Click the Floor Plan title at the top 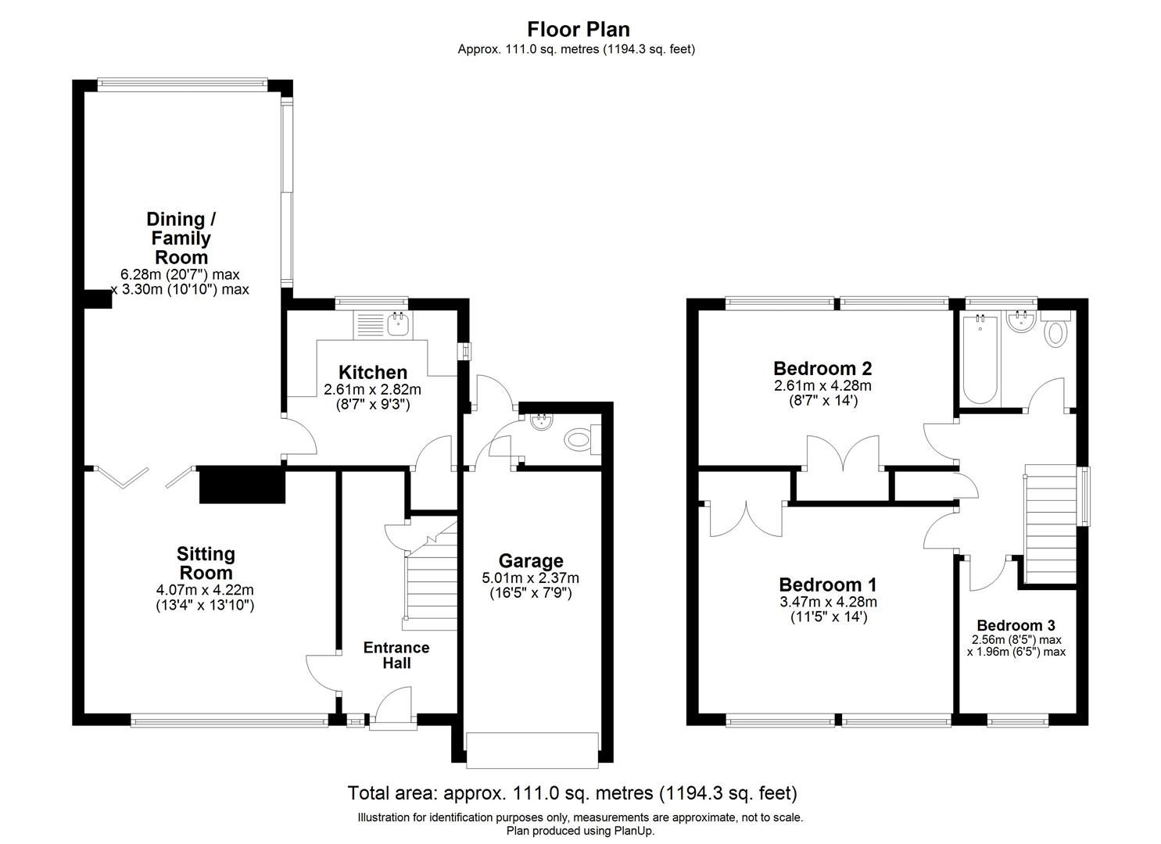pyautogui.click(x=579, y=30)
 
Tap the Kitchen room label pyautogui.click(x=372, y=373)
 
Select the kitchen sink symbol pyautogui.click(x=398, y=323)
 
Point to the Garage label pyautogui.click(x=531, y=560)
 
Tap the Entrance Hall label pyautogui.click(x=396, y=655)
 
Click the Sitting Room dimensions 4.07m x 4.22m pyautogui.click(x=206, y=591)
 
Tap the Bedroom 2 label pyautogui.click(x=822, y=368)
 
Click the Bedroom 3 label pyautogui.click(x=1016, y=625)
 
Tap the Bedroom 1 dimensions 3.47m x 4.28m pyautogui.click(x=828, y=602)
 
